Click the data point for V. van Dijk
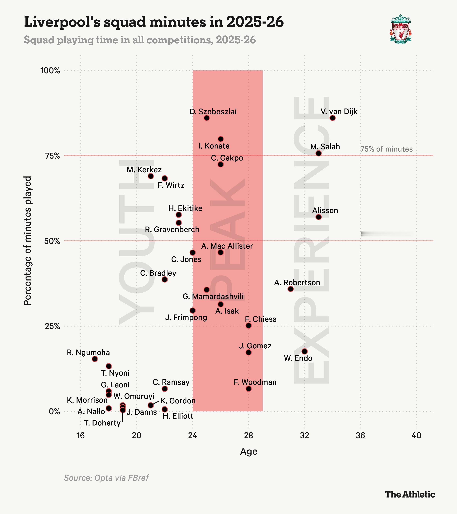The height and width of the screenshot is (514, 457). pyautogui.click(x=332, y=118)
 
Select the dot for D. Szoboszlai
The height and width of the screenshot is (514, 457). pyautogui.click(x=206, y=118)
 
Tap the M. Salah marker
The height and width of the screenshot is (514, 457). pyautogui.click(x=318, y=153)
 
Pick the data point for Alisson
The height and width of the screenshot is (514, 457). pyautogui.click(x=318, y=217)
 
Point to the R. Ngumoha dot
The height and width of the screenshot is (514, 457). pyautogui.click(x=95, y=359)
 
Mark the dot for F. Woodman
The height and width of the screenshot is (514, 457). pyautogui.click(x=248, y=389)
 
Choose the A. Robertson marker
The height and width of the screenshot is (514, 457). pyautogui.click(x=291, y=289)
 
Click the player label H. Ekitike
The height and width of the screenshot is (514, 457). pyautogui.click(x=185, y=208)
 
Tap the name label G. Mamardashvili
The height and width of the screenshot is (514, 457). pyautogui.click(x=213, y=296)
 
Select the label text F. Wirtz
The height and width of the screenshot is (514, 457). pyautogui.click(x=171, y=185)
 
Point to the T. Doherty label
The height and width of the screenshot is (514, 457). pyautogui.click(x=102, y=423)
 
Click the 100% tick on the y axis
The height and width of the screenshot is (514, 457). pyautogui.click(x=50, y=71)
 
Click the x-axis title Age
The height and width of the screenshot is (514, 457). pyautogui.click(x=248, y=451)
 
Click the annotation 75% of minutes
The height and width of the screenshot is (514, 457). pyautogui.click(x=386, y=149)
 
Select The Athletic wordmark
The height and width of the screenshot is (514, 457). pyautogui.click(x=410, y=494)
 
